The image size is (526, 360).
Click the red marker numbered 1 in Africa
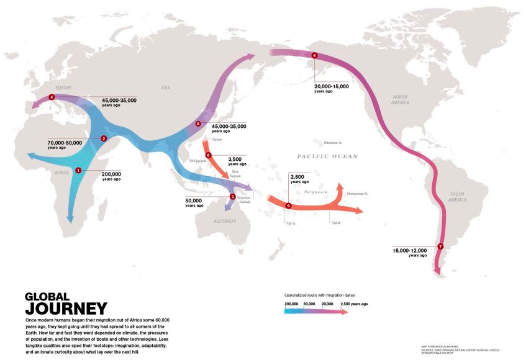coord(78,170)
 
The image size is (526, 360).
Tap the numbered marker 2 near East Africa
coord(104,138)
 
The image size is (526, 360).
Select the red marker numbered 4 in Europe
coord(52,97)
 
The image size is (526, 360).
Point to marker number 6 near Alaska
coord(314,56)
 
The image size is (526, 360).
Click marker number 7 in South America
coord(440,246)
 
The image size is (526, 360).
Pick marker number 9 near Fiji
coord(288,205)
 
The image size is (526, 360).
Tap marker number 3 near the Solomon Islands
coord(232,197)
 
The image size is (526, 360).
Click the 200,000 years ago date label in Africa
coord(111,176)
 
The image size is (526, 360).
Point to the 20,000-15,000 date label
coord(332,88)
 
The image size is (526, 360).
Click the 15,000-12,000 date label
coord(410,252)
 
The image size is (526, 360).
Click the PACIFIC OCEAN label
coord(327,156)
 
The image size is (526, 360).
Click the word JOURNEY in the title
coord(66,308)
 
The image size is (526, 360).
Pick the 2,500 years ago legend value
coord(354,304)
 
